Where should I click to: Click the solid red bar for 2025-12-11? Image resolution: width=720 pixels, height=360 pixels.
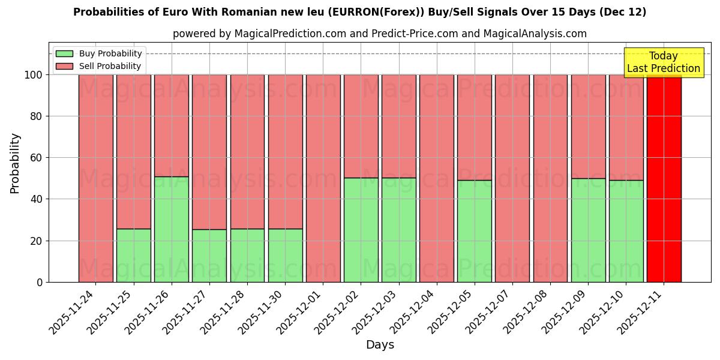[664, 178]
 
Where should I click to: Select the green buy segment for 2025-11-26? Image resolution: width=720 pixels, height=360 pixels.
[172, 229]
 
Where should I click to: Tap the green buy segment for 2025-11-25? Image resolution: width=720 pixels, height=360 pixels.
[133, 255]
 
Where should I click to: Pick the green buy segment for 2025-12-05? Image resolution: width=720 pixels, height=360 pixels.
[474, 231]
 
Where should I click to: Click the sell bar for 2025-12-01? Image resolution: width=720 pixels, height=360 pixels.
[323, 178]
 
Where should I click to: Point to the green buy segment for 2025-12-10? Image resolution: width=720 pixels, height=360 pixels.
[626, 231]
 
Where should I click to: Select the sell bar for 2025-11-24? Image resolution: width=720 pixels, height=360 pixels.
[95, 178]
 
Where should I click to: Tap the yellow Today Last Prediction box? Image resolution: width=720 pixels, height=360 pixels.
[664, 62]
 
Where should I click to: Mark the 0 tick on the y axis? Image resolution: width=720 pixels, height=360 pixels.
[40, 282]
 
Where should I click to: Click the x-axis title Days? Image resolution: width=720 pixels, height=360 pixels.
[380, 345]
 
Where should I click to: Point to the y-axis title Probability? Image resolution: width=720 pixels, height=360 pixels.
[15, 163]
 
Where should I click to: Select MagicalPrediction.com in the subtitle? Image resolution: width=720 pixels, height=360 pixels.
[290, 34]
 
